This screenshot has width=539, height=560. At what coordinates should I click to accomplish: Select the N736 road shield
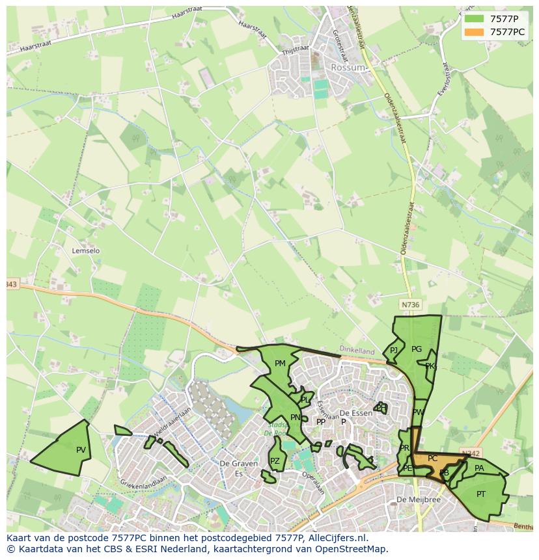[410, 304]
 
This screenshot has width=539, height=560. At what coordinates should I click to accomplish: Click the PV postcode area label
[81, 450]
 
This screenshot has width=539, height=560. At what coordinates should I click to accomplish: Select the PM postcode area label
[280, 364]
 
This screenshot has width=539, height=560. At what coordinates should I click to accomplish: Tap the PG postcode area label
[417, 349]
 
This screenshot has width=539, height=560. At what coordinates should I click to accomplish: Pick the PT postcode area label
[480, 494]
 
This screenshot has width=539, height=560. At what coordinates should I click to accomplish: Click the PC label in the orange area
[432, 459]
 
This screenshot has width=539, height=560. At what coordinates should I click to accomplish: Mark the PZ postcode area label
[275, 461]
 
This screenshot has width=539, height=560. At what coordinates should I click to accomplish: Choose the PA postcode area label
[479, 468]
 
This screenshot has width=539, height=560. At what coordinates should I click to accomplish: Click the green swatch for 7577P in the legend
[475, 19]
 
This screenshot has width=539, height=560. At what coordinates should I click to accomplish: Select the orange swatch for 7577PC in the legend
[475, 31]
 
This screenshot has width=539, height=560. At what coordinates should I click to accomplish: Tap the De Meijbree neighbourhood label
[419, 500]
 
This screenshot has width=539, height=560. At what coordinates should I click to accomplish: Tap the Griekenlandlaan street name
[143, 482]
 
